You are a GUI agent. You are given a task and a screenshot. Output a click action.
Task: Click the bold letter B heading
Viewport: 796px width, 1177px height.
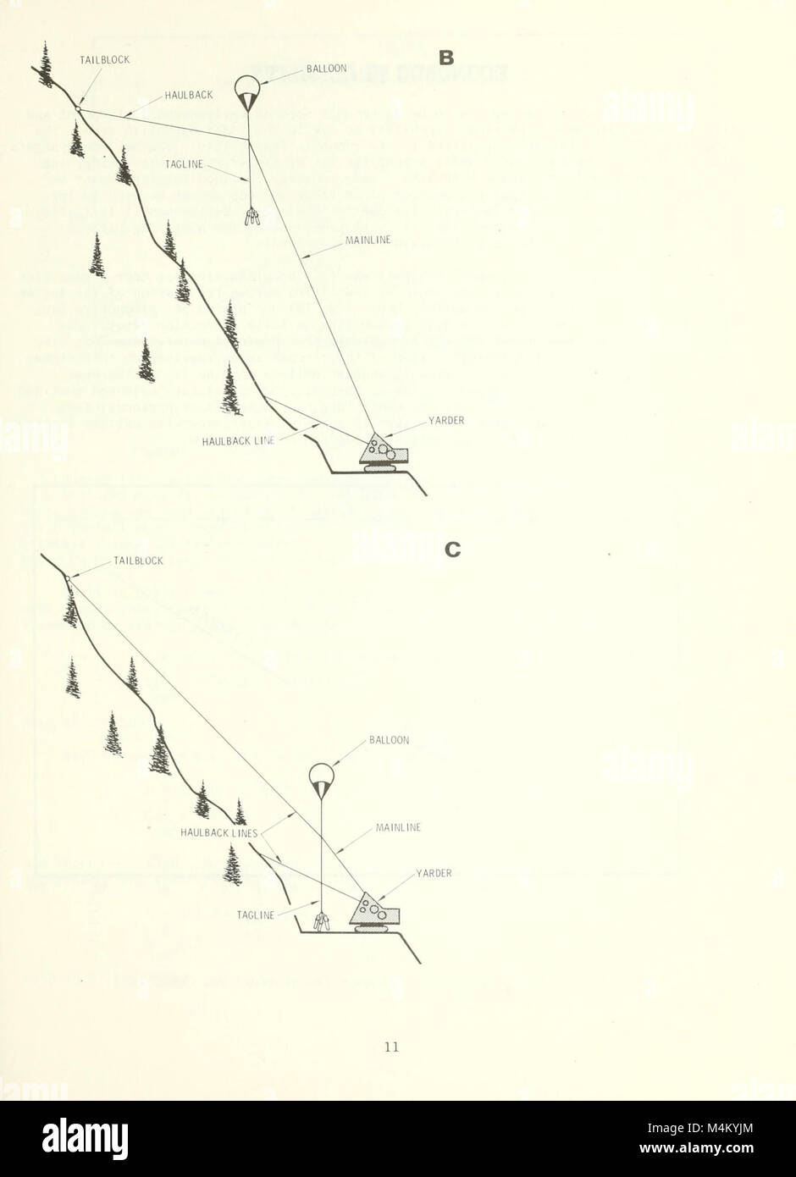pyautogui.click(x=447, y=58)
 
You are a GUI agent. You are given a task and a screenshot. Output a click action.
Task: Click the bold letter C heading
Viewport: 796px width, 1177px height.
pyautogui.click(x=453, y=550)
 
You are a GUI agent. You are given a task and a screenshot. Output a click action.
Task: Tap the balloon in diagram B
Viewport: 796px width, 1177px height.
pyautogui.click(x=247, y=91)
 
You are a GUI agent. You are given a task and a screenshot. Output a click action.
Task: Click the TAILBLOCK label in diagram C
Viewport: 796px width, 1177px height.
pyautogui.click(x=138, y=561)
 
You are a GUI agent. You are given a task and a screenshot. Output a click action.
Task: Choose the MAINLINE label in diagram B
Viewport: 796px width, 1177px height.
pyautogui.click(x=368, y=240)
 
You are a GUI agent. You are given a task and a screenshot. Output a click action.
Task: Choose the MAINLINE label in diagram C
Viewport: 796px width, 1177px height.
pyautogui.click(x=398, y=827)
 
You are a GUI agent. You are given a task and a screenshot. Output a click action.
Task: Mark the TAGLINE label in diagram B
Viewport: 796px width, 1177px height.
pyautogui.click(x=185, y=164)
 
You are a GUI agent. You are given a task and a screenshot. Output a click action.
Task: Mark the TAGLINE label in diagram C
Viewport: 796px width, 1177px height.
pyautogui.click(x=256, y=915)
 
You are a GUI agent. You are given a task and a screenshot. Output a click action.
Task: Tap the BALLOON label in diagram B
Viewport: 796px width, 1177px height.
pyautogui.click(x=326, y=69)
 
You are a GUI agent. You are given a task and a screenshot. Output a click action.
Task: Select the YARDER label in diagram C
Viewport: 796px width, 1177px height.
pyautogui.click(x=434, y=873)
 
